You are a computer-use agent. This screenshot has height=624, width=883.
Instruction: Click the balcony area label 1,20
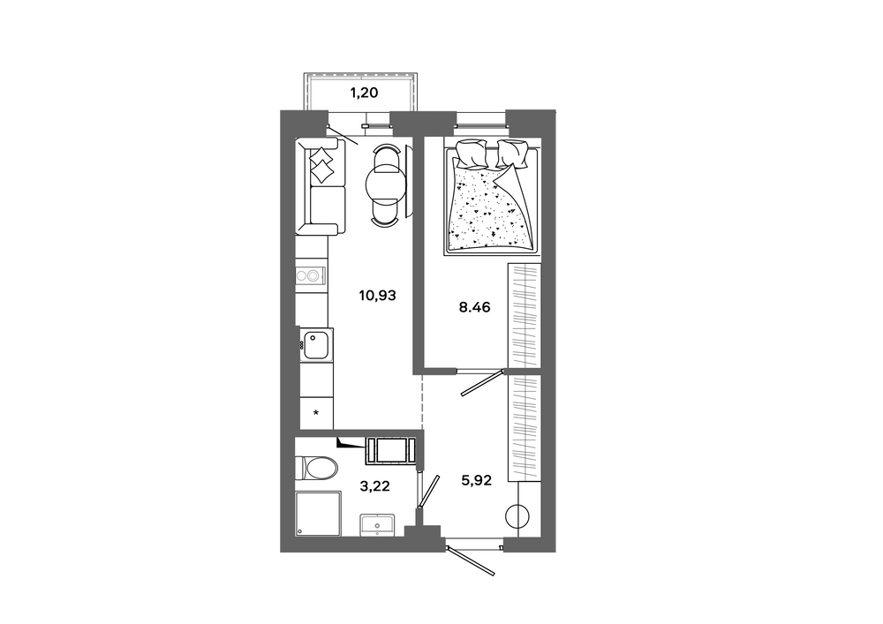pyautogui.click(x=365, y=93)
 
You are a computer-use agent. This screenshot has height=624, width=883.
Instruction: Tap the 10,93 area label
pyautogui.click(x=377, y=295)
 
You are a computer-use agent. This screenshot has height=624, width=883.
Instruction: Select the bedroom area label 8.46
pyautogui.click(x=474, y=307)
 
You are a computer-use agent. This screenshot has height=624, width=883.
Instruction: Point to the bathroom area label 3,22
pyautogui.click(x=374, y=486)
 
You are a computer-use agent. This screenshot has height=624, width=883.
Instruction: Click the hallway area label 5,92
pyautogui.click(x=477, y=480)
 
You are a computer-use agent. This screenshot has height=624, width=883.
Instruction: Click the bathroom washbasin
pyautogui.click(x=377, y=525)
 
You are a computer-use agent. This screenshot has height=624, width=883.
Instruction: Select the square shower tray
pyautogui.click(x=318, y=514)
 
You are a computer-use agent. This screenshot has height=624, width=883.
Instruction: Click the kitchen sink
pyautogui.click(x=316, y=344)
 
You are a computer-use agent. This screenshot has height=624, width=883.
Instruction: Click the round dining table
pyautogui.click(x=385, y=184)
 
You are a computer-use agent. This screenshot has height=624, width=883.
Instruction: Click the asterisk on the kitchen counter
pyautogui.click(x=316, y=414)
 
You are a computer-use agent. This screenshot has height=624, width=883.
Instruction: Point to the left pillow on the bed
pyautogui.click(x=472, y=154)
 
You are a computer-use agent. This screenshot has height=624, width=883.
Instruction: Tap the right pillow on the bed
pyautogui.click(x=511, y=154)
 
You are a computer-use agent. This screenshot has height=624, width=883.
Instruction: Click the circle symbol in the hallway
pyautogui.click(x=517, y=515)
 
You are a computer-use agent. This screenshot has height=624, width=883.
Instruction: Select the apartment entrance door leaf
pyautogui.click(x=471, y=560)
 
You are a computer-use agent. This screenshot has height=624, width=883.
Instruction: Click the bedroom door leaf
pyautogui.click(x=483, y=383)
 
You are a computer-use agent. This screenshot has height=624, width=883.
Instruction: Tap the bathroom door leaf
pyautogui.click(x=430, y=491)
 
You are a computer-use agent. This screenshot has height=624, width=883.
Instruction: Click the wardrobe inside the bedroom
pyautogui.click(x=525, y=317)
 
